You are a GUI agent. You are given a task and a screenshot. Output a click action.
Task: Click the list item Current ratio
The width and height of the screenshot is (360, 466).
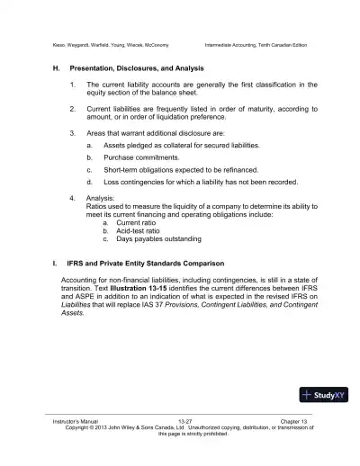(135, 222)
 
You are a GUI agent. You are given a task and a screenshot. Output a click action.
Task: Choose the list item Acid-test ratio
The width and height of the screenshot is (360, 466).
(139, 230)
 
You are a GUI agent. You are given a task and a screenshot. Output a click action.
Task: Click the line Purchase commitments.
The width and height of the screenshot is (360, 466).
(140, 157)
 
